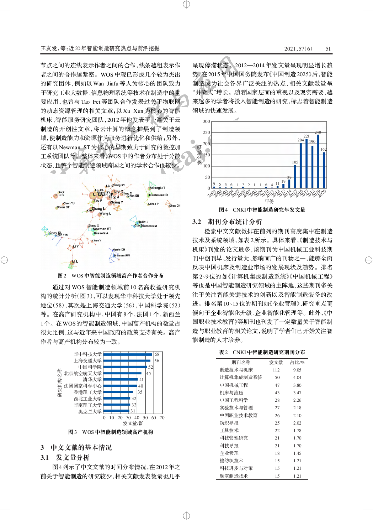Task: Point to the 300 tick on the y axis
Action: tap(207, 121)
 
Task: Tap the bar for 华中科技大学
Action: tap(128, 354)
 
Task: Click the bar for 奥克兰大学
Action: tap(116, 411)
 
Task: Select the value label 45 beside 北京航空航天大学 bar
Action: tap(149, 374)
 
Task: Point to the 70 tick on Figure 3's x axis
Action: tap(162, 418)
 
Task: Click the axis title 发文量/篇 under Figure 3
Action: tap(133, 423)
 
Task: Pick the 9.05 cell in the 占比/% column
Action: tap(297, 370)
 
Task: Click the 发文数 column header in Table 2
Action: tap(276, 363)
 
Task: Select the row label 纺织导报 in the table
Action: tap(229, 423)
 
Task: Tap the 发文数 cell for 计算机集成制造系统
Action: tap(277, 378)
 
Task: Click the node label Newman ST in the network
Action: tap(102, 229)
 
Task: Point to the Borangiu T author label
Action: tap(157, 188)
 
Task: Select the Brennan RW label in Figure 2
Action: tap(122, 255)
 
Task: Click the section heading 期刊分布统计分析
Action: tap(235, 222)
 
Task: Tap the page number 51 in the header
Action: tap(328, 49)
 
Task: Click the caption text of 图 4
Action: tap(262, 210)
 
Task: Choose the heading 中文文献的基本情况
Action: tap(81, 448)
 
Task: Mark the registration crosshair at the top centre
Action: tap(186, 4)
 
